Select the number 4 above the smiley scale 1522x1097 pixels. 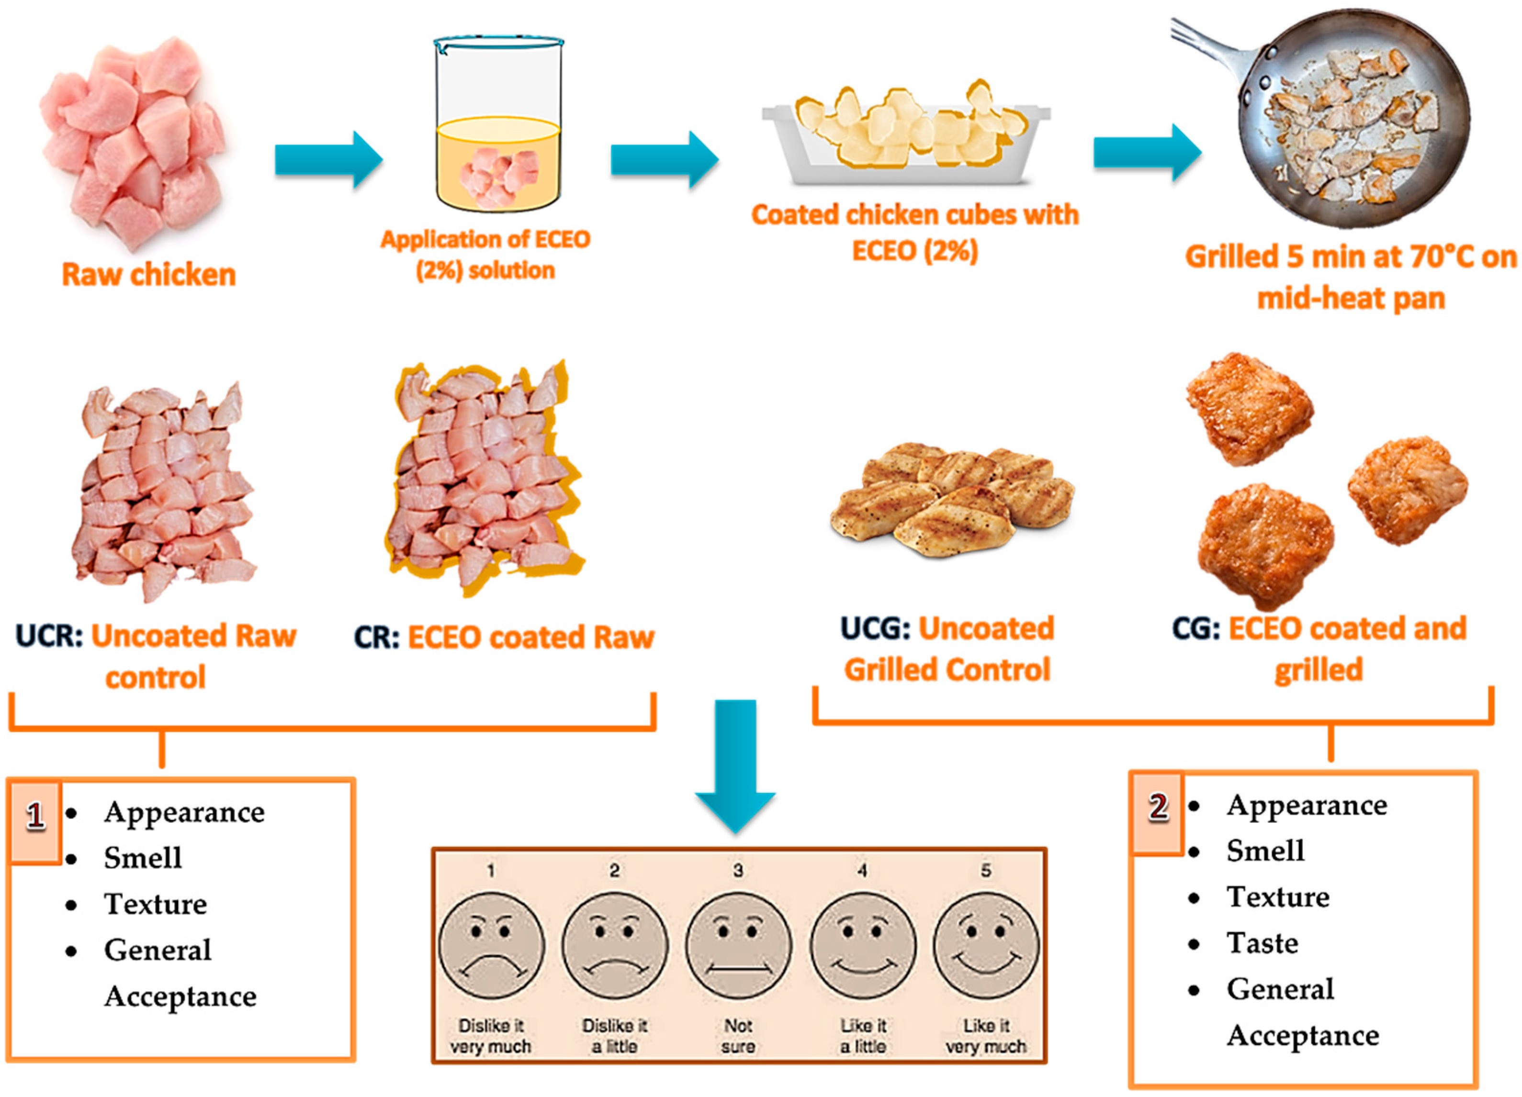[x=862, y=870]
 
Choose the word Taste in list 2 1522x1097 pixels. [x=1263, y=943]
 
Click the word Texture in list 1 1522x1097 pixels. [x=155, y=904]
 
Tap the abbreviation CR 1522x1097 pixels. [x=376, y=638]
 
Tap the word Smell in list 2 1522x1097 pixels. [x=1265, y=851]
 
